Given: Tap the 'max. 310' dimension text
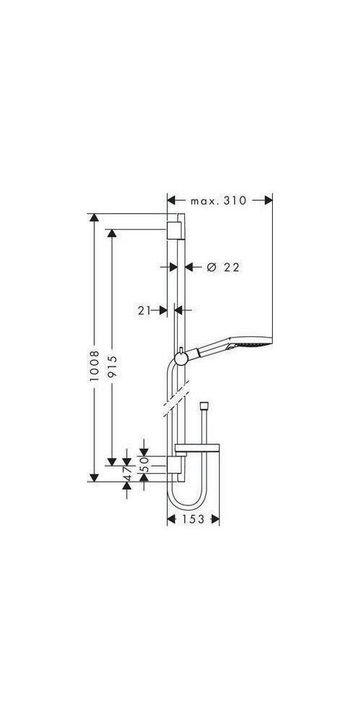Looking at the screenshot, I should [219, 201].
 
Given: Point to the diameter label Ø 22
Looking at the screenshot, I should [222, 267].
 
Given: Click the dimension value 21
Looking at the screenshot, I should [144, 310].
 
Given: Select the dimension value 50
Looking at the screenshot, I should [144, 464].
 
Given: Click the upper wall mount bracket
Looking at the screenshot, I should [174, 230].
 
